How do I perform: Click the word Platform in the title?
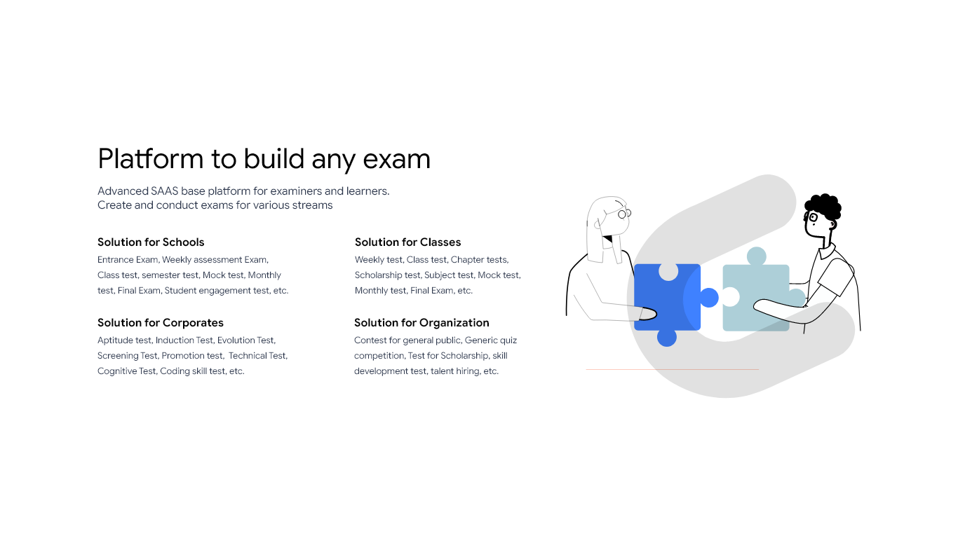(150, 159)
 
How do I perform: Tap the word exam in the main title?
(396, 160)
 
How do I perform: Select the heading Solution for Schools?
(151, 242)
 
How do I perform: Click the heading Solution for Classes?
(407, 242)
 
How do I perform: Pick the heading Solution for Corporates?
(160, 323)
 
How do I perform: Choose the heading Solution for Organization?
(421, 323)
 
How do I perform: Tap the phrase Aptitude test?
(124, 340)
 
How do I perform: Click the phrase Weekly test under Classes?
(378, 260)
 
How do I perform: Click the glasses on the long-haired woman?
(623, 213)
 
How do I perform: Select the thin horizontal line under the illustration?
(672, 369)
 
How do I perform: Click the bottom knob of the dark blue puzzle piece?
(667, 338)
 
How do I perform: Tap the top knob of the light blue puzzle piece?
(756, 256)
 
